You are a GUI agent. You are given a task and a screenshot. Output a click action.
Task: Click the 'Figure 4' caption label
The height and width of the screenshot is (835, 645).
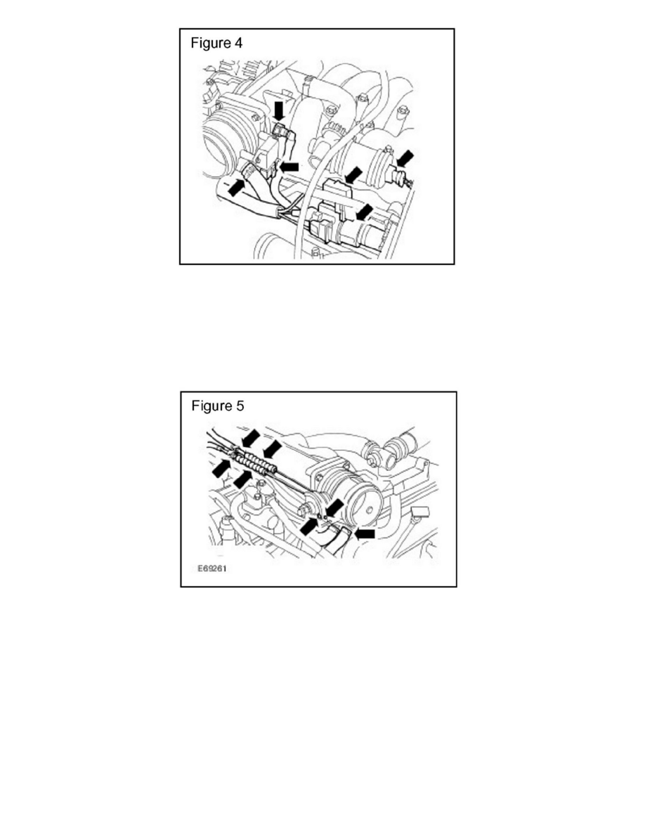(x=217, y=43)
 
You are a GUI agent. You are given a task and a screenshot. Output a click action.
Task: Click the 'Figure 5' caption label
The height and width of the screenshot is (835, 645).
(x=218, y=406)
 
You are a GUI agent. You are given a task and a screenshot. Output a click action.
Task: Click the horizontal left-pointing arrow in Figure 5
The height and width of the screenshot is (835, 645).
(x=365, y=534)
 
